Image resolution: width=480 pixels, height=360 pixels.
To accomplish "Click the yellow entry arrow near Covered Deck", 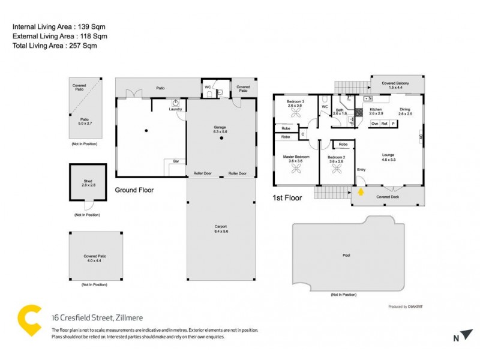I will (x=361, y=193).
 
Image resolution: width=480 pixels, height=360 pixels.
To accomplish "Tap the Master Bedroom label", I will (x=296, y=157).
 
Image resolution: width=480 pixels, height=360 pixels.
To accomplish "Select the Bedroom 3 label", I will (x=295, y=101).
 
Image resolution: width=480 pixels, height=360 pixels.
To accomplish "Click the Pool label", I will (x=346, y=256).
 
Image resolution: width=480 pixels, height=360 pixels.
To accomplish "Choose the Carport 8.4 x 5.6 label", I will (x=221, y=229).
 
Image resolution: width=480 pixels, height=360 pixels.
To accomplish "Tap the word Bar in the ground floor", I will (x=176, y=161).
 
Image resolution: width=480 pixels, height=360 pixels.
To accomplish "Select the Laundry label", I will (x=175, y=109).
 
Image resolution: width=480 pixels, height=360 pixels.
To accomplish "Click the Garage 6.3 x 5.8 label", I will (x=220, y=129).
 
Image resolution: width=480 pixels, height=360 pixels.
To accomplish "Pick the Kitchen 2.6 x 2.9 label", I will (x=376, y=111).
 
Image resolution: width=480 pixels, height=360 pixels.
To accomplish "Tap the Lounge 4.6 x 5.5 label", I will (x=388, y=157).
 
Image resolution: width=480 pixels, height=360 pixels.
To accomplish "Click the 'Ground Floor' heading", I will (x=134, y=190).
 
